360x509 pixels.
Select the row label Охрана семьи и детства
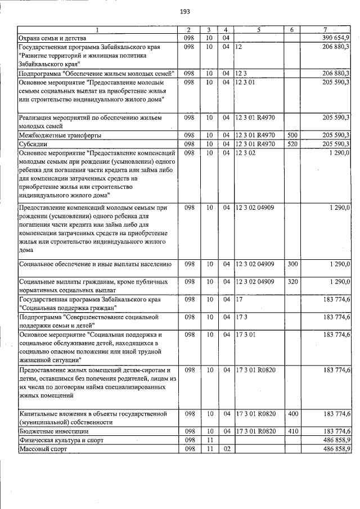point(50,38)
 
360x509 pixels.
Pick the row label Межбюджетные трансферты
point(52,136)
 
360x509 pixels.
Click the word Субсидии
point(33,144)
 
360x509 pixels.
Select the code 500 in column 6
point(292,136)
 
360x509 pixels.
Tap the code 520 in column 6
point(292,144)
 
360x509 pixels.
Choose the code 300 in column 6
point(292,264)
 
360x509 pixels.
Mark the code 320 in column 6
point(292,281)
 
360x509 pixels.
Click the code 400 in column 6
point(292,414)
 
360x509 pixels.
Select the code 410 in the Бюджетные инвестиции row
point(292,431)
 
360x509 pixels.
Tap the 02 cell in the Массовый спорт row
point(226,449)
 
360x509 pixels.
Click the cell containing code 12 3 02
point(246,153)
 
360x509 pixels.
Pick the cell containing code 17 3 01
point(246,335)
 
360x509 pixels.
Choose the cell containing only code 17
point(240,299)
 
